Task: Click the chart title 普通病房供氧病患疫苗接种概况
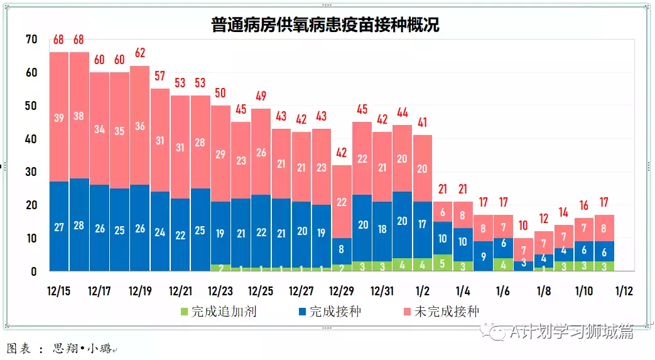tap(325, 25)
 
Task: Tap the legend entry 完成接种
tap(330, 311)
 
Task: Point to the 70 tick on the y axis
tap(31, 40)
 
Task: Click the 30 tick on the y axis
tap(31, 172)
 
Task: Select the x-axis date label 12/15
tap(59, 292)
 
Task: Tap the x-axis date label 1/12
tap(624, 292)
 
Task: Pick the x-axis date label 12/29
tap(342, 292)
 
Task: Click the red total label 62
tap(139, 52)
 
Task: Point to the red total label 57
tap(160, 76)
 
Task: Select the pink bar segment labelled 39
tap(59, 118)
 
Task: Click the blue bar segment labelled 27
tap(59, 227)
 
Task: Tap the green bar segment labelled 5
tap(442, 263)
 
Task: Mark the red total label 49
tap(261, 96)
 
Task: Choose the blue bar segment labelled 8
tap(342, 249)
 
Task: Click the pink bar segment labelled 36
tap(139, 126)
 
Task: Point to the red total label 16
tap(583, 205)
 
